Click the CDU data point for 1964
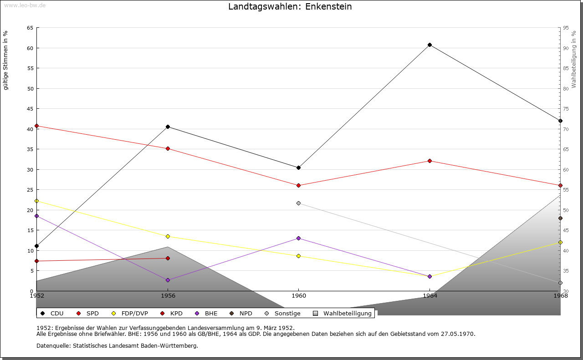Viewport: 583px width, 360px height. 430,45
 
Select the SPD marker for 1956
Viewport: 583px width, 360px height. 168,148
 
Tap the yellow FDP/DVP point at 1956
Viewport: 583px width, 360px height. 168,236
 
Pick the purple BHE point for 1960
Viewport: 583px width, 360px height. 298,238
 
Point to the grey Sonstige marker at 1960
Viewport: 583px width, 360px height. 298,203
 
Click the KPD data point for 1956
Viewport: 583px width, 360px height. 168,258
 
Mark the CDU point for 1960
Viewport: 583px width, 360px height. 298,167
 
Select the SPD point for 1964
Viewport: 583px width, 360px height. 430,161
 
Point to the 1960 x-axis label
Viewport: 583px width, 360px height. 299,296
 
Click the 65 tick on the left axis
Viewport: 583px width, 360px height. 30,28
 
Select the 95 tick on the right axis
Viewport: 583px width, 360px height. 566,28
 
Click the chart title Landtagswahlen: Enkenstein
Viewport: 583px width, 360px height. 290,7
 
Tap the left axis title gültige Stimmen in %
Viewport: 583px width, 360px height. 6,61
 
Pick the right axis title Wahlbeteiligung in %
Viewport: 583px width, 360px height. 574,60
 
